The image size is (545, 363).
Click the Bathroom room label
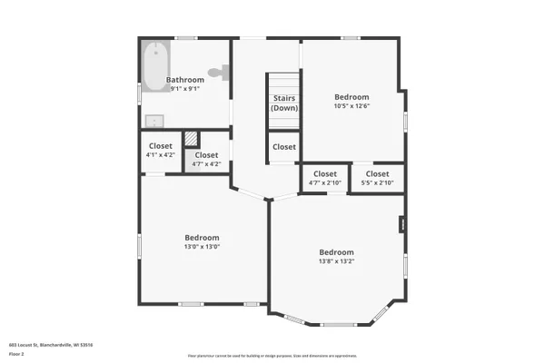[184, 80]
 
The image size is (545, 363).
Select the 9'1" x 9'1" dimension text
[184, 89]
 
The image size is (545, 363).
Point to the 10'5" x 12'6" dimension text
[352, 106]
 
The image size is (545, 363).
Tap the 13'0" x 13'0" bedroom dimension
[203, 246]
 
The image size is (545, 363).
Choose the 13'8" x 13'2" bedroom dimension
[336, 261]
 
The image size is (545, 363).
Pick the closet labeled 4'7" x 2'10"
[325, 179]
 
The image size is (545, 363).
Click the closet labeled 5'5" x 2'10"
[377, 179]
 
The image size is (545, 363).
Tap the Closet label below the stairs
[284, 147]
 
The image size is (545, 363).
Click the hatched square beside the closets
[192, 139]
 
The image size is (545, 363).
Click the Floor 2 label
[15, 355]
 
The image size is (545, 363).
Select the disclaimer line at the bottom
[272, 356]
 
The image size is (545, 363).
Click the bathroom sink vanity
[154, 122]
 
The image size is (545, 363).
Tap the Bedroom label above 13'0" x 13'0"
[203, 237]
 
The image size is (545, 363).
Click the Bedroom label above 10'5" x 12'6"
[352, 97]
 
